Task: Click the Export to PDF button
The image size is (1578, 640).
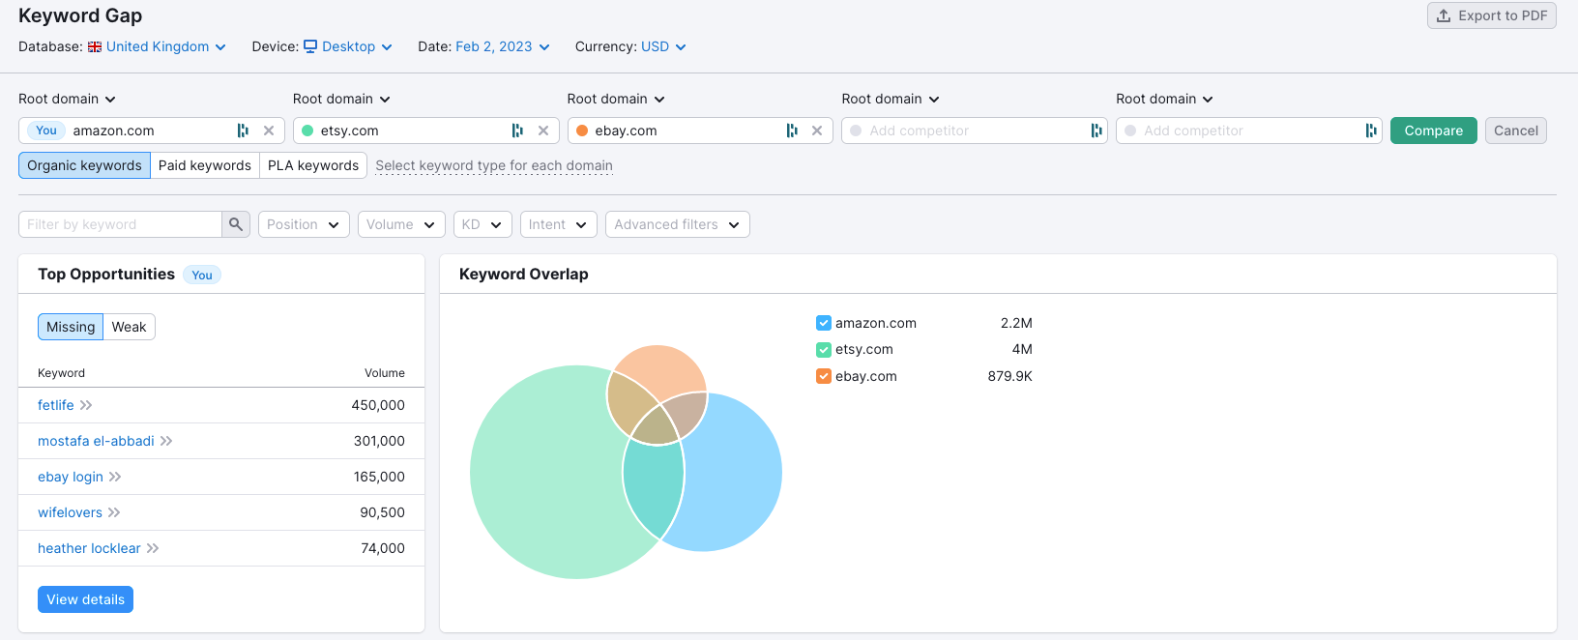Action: [1491, 15]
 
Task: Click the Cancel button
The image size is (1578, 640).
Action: [1515, 131]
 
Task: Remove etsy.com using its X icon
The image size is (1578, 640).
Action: [543, 131]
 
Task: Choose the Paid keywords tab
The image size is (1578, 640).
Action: [205, 165]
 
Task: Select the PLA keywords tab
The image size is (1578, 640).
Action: [313, 165]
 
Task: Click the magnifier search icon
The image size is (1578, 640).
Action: [236, 224]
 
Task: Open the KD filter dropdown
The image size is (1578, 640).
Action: [482, 224]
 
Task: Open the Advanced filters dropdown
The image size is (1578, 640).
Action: [677, 224]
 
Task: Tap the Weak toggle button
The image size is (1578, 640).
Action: [129, 327]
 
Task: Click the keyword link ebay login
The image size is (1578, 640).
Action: [71, 477]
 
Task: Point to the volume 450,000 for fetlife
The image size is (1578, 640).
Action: [378, 405]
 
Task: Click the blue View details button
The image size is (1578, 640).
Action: [85, 599]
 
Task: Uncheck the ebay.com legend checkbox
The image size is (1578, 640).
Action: [824, 376]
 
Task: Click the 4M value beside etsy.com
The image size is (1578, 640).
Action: [1022, 349]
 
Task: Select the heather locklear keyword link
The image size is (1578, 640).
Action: [89, 548]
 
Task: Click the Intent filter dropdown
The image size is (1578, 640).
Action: [558, 224]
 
